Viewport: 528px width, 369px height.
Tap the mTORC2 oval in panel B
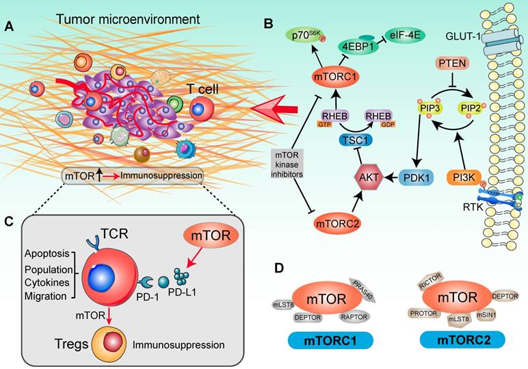[335, 222]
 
